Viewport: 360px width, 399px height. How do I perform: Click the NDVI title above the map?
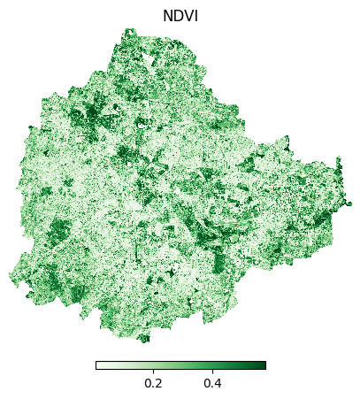(180, 16)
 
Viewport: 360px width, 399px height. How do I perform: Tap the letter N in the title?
(167, 16)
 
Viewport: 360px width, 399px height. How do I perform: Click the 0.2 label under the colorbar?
(153, 383)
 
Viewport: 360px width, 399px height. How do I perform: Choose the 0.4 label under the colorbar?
(212, 383)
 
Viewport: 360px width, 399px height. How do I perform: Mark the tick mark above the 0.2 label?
(153, 371)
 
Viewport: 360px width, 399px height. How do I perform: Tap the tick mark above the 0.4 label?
(212, 371)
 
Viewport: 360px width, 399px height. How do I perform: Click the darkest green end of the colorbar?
(263, 364)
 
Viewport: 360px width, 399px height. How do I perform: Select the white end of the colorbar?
(98, 364)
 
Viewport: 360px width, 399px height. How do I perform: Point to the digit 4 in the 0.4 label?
(218, 383)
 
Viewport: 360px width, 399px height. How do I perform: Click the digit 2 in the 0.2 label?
(158, 383)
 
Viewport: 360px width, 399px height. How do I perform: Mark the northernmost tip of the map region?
(130, 30)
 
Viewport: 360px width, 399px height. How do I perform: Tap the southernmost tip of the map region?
(144, 341)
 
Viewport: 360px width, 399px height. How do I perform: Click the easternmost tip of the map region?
(350, 204)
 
